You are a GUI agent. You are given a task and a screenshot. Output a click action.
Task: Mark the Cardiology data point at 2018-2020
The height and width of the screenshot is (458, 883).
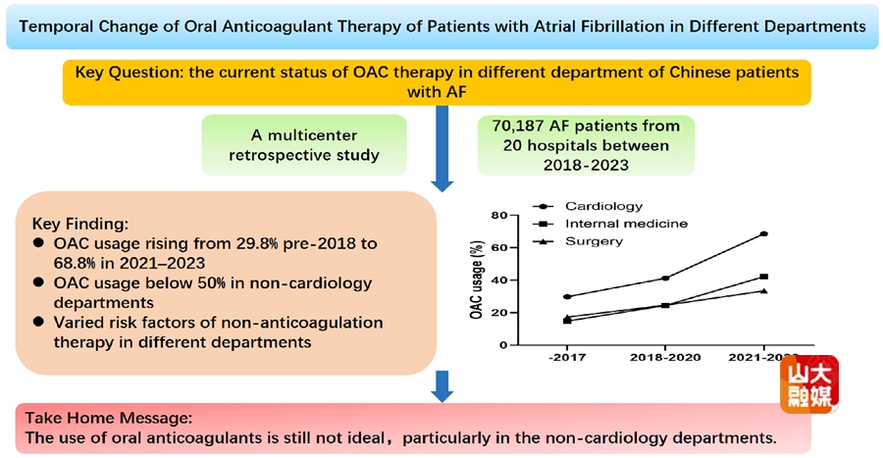tap(665, 279)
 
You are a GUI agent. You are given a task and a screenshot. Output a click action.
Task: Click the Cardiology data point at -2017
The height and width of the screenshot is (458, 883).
tap(568, 296)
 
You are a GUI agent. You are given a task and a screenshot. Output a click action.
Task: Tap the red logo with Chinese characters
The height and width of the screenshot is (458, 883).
tap(810, 382)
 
